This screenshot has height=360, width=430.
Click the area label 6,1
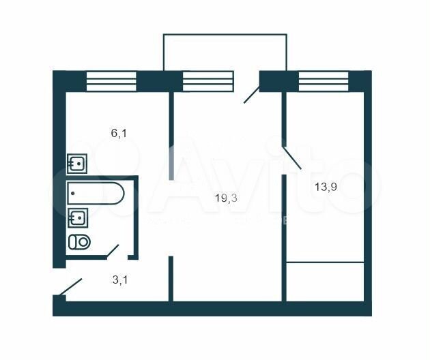[119, 134]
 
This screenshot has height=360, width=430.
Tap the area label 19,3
[226, 198]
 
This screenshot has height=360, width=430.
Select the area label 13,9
[326, 187]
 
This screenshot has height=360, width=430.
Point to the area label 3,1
[120, 280]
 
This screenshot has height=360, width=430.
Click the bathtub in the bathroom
[96, 194]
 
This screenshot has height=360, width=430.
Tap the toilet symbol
[79, 242]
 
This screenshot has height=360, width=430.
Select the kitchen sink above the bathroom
[77, 164]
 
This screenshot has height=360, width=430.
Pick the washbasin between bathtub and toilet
[78, 217]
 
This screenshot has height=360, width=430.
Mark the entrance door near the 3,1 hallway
[71, 287]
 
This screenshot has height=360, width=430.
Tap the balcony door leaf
[251, 95]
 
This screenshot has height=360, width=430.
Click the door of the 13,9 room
[292, 158]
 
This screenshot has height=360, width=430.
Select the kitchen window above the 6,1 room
[111, 81]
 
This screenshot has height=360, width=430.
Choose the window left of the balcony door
[208, 81]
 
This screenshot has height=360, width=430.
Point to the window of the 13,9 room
[324, 81]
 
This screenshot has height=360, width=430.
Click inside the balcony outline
[225, 52]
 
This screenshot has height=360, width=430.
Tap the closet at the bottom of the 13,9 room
[326, 282]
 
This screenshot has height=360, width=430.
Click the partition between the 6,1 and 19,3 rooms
[171, 136]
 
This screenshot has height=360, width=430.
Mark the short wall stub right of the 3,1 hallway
[171, 279]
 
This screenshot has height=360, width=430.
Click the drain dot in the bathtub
[72, 193]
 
